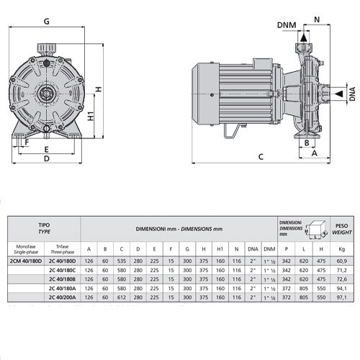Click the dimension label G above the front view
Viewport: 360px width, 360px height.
tap(46, 22)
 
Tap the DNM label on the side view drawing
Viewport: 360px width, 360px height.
tap(285, 26)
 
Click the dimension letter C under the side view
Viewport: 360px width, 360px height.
tap(260, 156)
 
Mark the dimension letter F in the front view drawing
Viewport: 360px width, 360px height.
tap(27, 142)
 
